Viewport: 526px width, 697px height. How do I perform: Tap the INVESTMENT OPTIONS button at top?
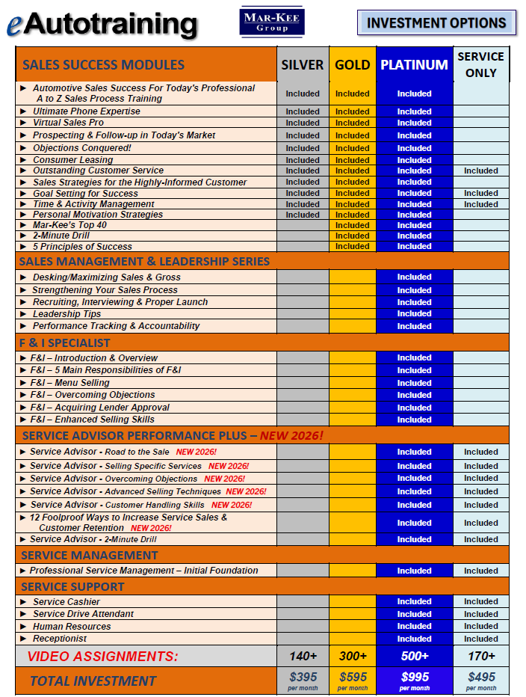click(436, 23)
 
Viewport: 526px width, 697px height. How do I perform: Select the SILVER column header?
click(303, 65)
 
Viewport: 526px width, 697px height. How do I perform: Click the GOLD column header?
click(352, 65)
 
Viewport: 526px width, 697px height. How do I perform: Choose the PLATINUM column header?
click(414, 65)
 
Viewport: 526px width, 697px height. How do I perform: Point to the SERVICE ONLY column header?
click(480, 64)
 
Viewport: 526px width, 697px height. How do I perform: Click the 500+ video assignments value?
click(414, 656)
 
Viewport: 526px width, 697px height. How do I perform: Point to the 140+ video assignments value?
click(303, 656)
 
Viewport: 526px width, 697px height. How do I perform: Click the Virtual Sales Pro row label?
click(68, 123)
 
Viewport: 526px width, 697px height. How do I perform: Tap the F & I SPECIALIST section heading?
click(64, 343)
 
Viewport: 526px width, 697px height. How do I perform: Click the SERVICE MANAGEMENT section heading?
click(89, 555)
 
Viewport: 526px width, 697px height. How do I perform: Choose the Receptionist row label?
click(60, 639)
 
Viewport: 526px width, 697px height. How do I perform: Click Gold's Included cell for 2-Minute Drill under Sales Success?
click(352, 236)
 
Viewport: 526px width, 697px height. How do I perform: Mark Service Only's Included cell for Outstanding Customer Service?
click(480, 171)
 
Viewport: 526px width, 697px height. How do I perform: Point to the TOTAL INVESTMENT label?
click(93, 681)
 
